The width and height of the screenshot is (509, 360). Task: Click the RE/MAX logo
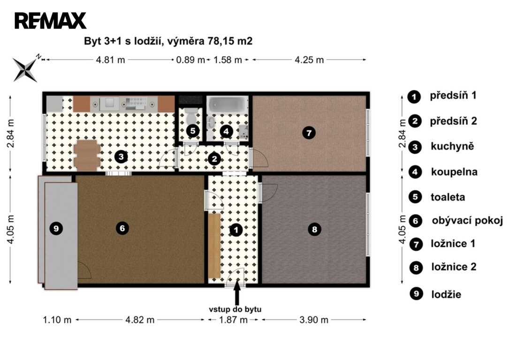click(x=50, y=21)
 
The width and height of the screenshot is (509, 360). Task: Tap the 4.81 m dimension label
click(x=110, y=60)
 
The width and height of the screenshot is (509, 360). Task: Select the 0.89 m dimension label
click(x=190, y=60)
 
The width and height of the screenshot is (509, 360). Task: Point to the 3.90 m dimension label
click(x=313, y=320)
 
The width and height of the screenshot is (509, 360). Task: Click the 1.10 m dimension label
click(x=57, y=320)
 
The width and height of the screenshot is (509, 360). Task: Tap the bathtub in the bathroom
click(x=227, y=105)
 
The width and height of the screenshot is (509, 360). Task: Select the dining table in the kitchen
click(x=87, y=155)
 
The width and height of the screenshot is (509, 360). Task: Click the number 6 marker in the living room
click(x=122, y=228)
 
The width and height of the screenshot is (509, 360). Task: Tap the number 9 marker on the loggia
click(x=56, y=229)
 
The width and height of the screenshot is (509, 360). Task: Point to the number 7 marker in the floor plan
click(x=309, y=133)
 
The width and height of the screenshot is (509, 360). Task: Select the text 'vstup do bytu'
click(x=235, y=309)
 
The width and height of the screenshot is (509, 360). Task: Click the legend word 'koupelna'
click(x=454, y=172)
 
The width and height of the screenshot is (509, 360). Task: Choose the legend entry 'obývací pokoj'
click(x=467, y=221)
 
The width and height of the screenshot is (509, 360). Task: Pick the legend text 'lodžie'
click(x=446, y=294)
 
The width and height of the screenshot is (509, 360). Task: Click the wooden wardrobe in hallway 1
click(x=214, y=246)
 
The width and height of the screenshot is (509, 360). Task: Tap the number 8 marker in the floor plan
click(x=314, y=230)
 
